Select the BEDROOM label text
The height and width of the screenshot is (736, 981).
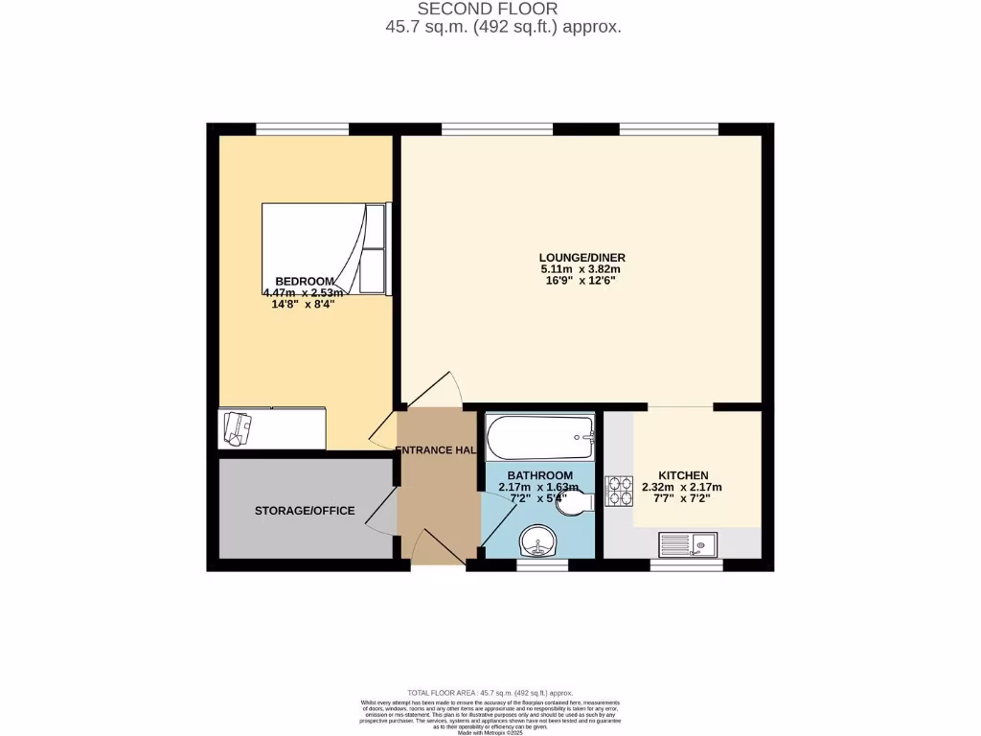[305, 281]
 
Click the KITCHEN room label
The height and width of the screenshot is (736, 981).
[683, 475]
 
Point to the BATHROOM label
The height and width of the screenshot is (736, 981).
[539, 475]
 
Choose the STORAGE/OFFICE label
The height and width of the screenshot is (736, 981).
[305, 511]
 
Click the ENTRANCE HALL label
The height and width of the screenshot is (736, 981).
[436, 450]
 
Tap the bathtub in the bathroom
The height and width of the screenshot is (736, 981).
[540, 439]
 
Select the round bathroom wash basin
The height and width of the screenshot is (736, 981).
[539, 543]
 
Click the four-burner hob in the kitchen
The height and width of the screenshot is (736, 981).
[618, 491]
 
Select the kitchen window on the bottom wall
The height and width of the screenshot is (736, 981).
[686, 565]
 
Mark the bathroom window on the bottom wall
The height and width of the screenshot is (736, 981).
[541, 565]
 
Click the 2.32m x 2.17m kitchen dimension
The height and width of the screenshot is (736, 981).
[682, 487]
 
